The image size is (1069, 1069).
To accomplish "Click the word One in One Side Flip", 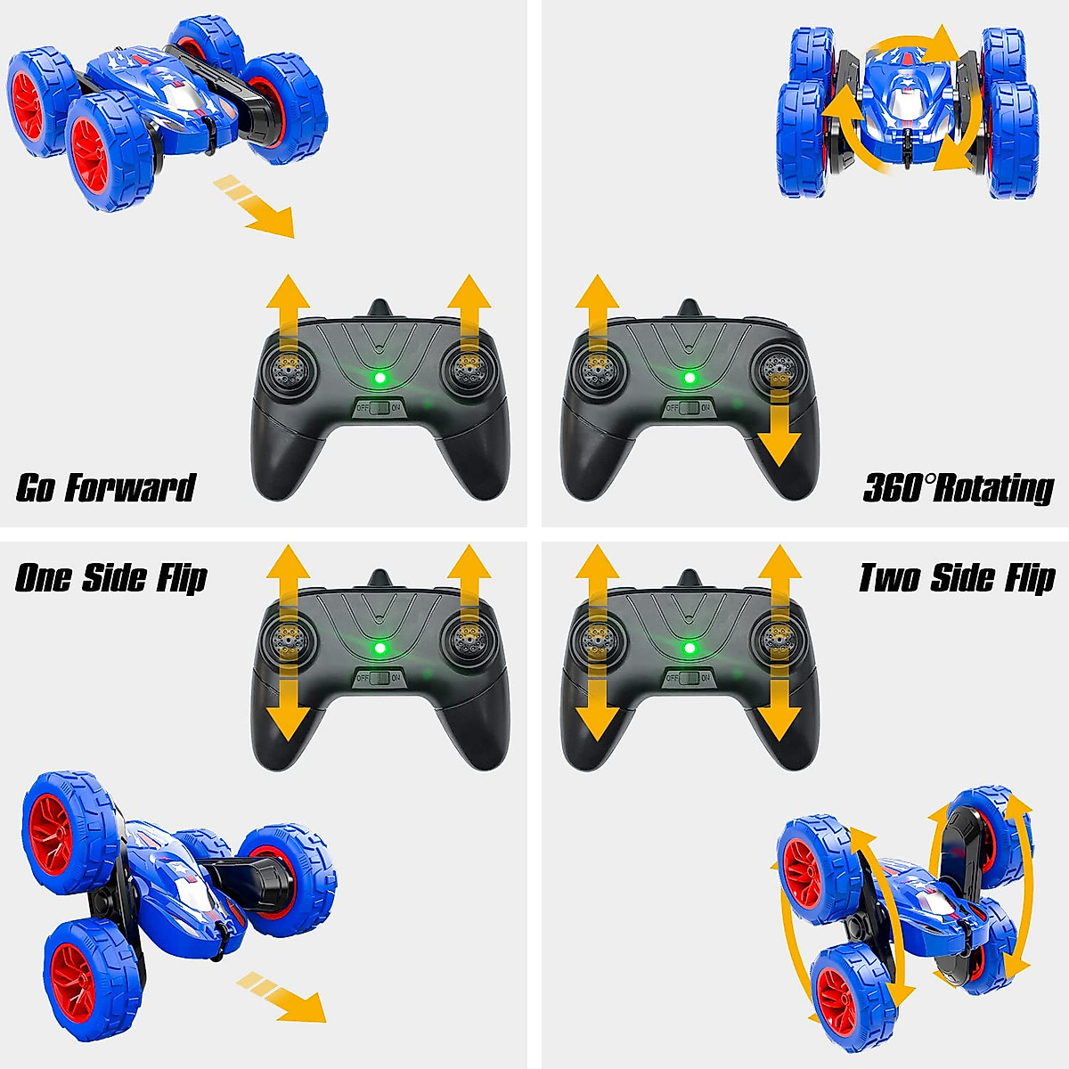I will (x=42, y=578).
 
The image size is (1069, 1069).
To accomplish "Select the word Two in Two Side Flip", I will (x=890, y=578).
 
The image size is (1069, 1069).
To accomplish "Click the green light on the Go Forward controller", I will (x=380, y=378).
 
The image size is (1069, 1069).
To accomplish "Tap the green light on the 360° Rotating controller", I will (x=689, y=378).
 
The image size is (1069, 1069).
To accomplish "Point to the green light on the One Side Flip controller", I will (x=380, y=648).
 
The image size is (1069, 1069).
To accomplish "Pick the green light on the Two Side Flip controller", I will (x=689, y=648).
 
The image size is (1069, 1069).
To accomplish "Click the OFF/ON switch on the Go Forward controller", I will (x=379, y=408).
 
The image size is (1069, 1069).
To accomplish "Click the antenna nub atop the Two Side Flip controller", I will (x=689, y=578).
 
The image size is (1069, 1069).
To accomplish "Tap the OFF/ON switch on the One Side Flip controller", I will (x=379, y=678).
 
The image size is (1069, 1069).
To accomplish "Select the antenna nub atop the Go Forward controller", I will (x=380, y=308).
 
